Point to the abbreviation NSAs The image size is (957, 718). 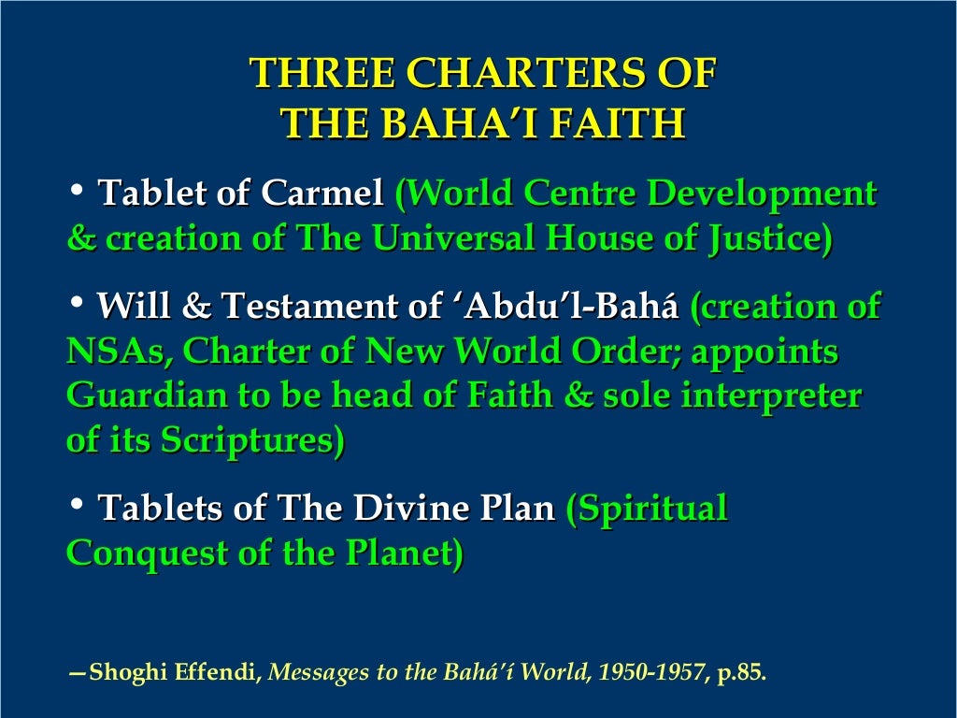pyautogui.click(x=118, y=352)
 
